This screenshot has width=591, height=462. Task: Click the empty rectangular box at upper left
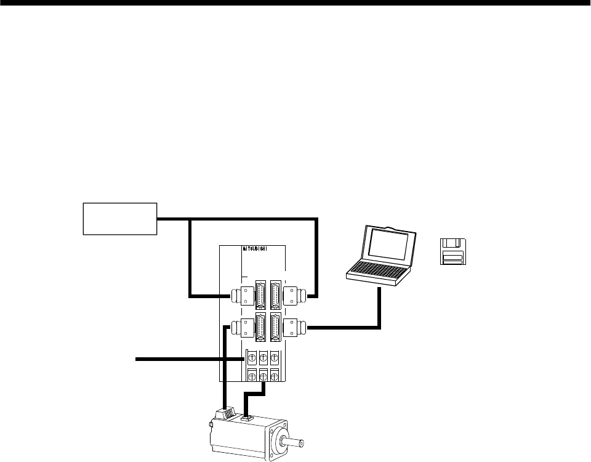coord(121,218)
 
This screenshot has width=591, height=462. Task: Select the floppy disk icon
coord(453,251)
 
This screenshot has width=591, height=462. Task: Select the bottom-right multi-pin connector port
coord(275,327)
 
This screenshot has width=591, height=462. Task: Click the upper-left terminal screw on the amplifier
coord(251,357)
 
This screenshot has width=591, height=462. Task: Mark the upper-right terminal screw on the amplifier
coord(274,357)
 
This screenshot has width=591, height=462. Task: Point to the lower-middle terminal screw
coord(263,375)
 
